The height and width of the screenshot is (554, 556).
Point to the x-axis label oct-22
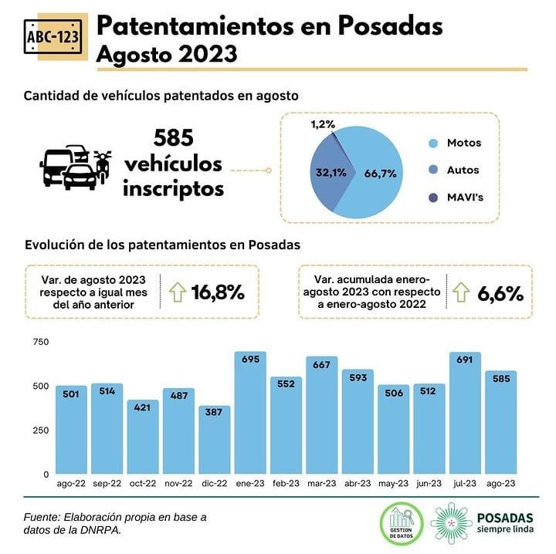(143, 484)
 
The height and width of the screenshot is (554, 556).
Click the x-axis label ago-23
(500, 484)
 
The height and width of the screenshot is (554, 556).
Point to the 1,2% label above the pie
(324, 123)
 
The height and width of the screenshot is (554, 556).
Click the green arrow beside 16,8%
(177, 292)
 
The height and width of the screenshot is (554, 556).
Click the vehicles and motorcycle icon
(74, 166)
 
